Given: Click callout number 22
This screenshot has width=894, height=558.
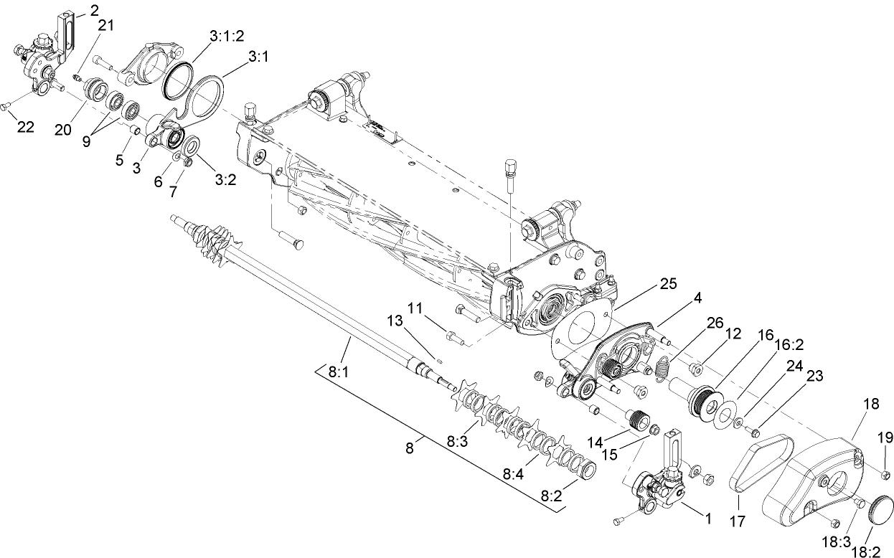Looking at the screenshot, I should coord(25,128).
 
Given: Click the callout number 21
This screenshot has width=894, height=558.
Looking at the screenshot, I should coord(105,25).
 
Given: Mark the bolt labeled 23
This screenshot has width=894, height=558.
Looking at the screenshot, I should coord(754,432).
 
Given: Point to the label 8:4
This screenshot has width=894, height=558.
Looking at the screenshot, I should coord(514,474).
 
